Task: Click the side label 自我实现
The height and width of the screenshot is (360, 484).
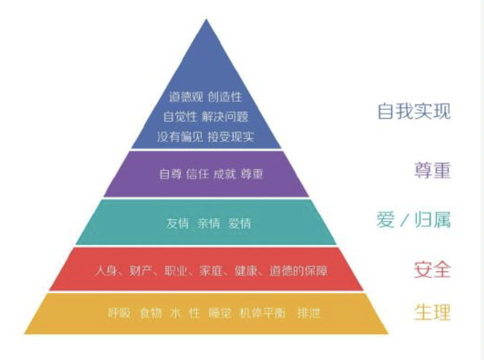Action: (414, 111)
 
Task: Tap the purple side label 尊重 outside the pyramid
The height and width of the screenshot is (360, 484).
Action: (432, 171)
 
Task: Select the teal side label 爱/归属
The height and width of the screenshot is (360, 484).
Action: (413, 221)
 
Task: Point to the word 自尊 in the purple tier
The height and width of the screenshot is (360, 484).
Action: (170, 175)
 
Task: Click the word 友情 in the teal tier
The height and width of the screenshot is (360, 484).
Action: (178, 224)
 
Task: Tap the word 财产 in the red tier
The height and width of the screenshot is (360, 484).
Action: (140, 272)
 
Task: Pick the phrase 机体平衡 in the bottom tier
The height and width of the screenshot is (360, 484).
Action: (260, 313)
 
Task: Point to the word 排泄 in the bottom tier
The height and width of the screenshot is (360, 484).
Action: (309, 313)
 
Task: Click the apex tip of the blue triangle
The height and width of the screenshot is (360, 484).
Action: (206, 21)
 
